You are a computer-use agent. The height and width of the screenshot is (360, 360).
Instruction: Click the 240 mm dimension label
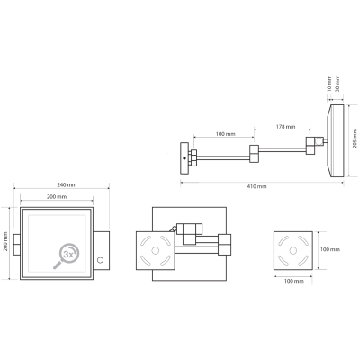pyautogui.click(x=67, y=185)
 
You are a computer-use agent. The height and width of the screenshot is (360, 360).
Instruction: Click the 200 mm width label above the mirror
pyautogui.click(x=57, y=197)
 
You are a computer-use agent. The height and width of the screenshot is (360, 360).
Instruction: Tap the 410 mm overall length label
pyautogui.click(x=256, y=186)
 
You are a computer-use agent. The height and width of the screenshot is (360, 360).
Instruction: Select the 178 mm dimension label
pyautogui.click(x=285, y=127)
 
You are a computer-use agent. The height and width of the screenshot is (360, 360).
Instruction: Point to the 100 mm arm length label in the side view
pyautogui.click(x=226, y=134)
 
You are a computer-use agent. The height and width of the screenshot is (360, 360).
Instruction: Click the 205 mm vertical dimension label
pyautogui.click(x=355, y=139)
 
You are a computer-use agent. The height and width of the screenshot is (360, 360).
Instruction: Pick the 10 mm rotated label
pyautogui.click(x=329, y=84)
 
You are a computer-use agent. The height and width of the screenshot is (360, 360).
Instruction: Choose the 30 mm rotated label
pyautogui.click(x=337, y=84)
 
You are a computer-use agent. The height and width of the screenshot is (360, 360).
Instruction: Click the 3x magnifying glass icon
pyautogui.click(x=67, y=256)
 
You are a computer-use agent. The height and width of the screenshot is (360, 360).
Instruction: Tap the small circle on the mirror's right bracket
pyautogui.click(x=101, y=260)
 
